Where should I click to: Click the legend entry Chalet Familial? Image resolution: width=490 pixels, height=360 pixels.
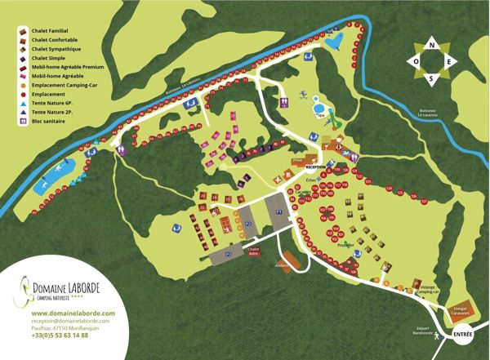click(x=51, y=31)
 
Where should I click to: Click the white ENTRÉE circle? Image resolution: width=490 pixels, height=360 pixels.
click(x=462, y=334)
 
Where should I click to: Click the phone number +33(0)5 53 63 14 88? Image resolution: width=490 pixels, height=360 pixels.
click(x=60, y=336)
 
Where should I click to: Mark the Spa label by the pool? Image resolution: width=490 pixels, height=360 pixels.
click(x=321, y=117)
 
